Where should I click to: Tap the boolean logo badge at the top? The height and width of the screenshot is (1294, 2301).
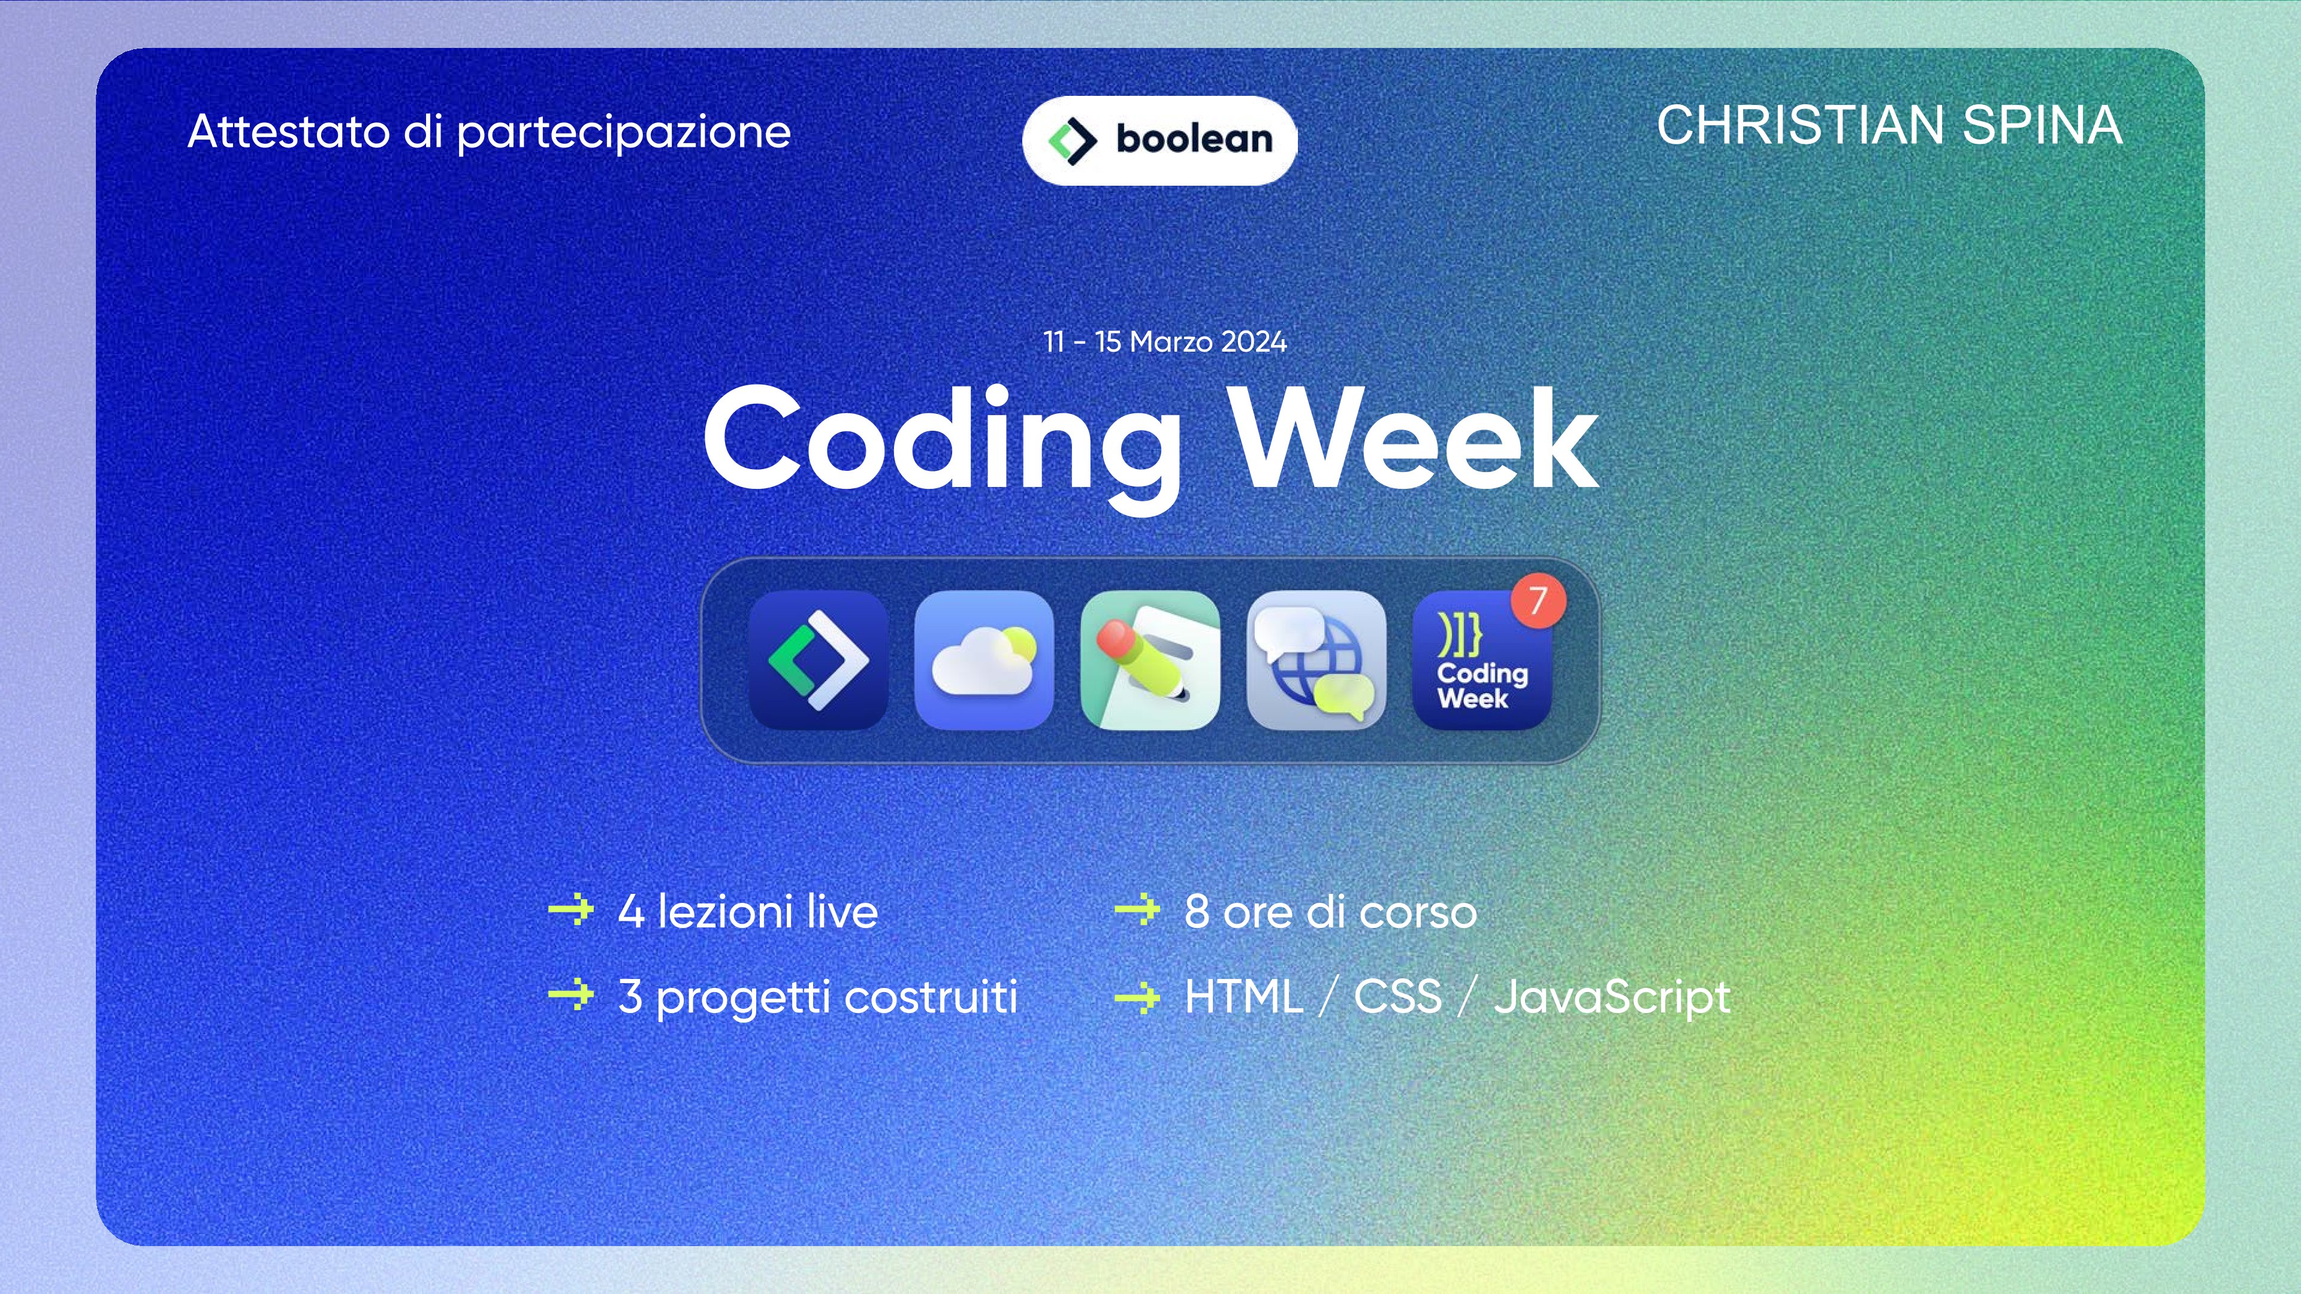pos(1159,140)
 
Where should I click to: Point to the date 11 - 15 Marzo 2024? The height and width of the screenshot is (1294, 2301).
pos(1165,342)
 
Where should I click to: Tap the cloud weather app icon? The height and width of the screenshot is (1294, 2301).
pos(983,660)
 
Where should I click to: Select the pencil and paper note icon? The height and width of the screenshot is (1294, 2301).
pos(1150,660)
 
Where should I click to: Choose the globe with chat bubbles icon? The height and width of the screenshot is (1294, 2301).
pos(1316,660)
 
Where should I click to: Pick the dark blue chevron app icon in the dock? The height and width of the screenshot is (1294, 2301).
pos(818,660)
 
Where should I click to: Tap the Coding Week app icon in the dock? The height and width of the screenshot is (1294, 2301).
pos(1482,660)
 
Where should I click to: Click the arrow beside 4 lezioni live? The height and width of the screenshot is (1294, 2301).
pos(571,910)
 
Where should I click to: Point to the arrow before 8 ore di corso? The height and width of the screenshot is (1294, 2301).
pos(1137,910)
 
